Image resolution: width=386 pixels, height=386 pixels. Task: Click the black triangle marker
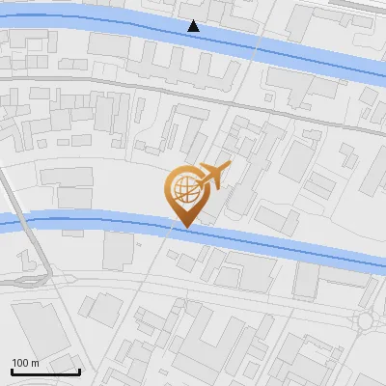[x=194, y=26]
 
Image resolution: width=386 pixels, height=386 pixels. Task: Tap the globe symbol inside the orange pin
[x=186, y=190]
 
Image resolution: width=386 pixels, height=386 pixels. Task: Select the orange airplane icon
[x=212, y=176]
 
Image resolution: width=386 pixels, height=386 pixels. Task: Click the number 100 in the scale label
[x=21, y=363]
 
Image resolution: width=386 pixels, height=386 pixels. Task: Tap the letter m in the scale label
[x=35, y=363]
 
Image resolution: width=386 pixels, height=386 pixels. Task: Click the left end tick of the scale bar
[x=12, y=370]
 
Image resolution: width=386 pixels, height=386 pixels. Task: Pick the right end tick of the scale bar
[x=79, y=370]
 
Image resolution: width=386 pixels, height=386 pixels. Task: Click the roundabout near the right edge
[x=366, y=320]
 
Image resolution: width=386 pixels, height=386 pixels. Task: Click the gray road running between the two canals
[x=145, y=90]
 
